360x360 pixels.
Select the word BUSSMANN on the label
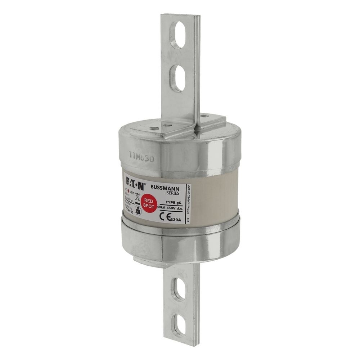(165, 188)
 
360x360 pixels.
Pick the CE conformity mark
(166, 216)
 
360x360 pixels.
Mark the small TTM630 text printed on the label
(129, 212)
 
